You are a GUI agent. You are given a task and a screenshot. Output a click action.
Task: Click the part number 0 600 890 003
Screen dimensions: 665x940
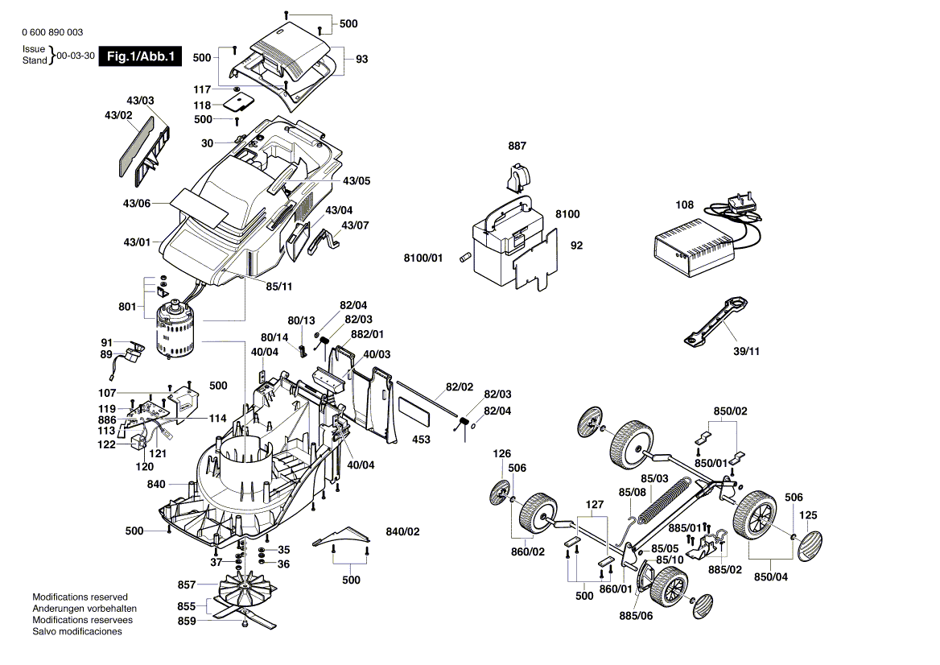52,32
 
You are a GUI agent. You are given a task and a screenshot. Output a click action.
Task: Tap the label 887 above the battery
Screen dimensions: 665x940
517,146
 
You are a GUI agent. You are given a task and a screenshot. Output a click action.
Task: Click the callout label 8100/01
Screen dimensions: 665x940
423,258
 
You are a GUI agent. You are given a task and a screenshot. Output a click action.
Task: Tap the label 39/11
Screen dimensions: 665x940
746,351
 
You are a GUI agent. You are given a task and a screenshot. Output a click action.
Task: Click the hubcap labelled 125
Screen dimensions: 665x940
808,545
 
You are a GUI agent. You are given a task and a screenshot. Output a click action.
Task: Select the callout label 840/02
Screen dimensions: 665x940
403,532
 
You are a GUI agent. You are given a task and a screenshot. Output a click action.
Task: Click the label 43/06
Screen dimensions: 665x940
137,204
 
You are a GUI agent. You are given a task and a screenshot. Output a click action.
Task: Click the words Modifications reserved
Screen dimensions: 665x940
80,597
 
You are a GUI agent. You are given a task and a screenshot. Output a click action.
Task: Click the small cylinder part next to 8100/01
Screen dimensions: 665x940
464,258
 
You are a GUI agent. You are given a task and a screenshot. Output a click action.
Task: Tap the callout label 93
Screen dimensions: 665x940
361,59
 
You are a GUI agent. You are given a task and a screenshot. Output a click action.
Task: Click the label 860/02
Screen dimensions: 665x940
528,551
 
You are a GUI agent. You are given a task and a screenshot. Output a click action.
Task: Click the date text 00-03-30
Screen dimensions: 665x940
76,56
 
